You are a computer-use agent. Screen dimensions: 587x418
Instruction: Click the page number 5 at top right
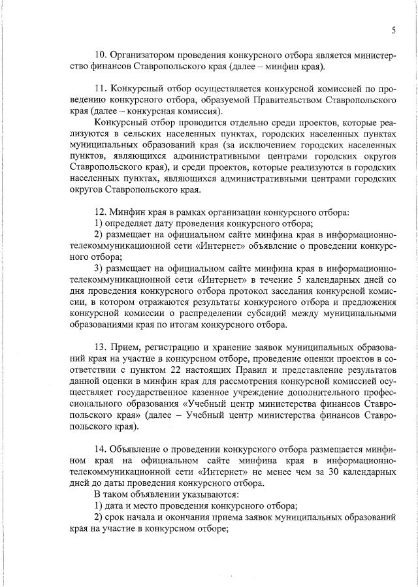[x=394, y=30]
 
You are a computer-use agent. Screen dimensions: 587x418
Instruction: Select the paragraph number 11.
[x=100, y=89]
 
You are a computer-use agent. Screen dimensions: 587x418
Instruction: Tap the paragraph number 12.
[x=100, y=213]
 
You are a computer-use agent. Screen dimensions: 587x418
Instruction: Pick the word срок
[x=116, y=518]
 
